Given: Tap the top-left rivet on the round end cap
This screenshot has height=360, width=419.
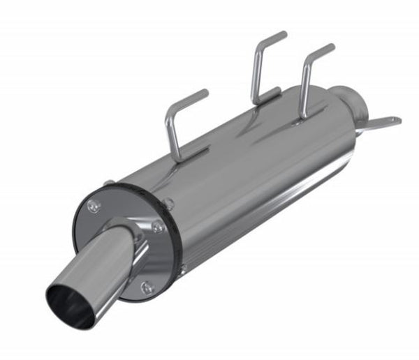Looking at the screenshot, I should pyautogui.click(x=94, y=205).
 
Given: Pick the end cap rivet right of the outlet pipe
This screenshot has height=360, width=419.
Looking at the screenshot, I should pyautogui.click(x=159, y=227).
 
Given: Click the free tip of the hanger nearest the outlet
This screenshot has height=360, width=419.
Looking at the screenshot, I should pyautogui.click(x=205, y=93).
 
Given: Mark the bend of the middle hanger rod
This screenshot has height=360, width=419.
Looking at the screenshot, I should pyautogui.click(x=258, y=50).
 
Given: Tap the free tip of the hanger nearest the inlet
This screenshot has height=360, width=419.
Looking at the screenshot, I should pyautogui.click(x=331, y=47).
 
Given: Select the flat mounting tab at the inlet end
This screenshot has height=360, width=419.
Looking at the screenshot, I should pyautogui.click(x=383, y=124).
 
